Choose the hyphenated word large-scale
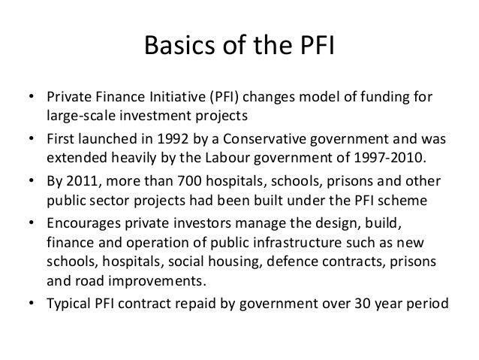tap(77, 117)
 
